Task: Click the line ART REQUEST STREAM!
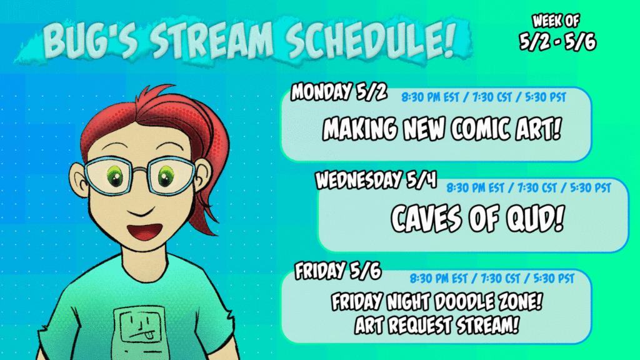coord(436,324)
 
